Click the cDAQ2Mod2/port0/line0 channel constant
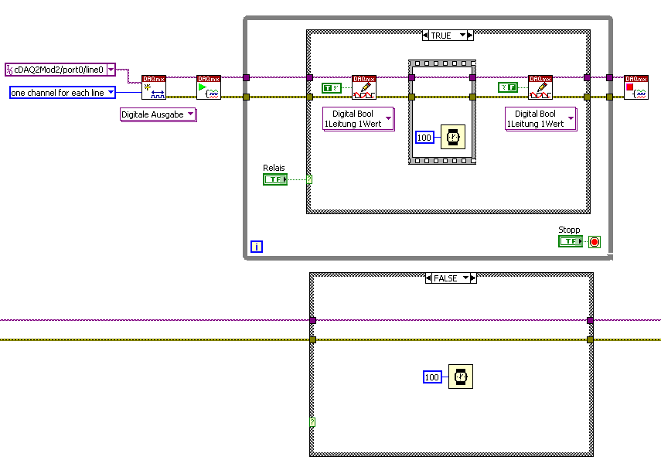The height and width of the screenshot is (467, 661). [x=56, y=70]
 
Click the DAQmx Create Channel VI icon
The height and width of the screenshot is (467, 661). [x=154, y=87]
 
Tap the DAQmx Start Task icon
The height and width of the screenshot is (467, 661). [x=209, y=87]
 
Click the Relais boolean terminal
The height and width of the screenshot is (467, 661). [x=274, y=179]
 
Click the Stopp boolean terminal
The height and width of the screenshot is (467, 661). [x=570, y=241]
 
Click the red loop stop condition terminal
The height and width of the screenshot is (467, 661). [x=594, y=242]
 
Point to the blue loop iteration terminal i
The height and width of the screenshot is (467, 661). [x=257, y=247]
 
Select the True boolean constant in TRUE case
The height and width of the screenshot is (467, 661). [x=331, y=88]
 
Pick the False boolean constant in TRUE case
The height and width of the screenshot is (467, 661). [x=508, y=87]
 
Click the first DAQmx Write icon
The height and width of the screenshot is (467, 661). [x=364, y=87]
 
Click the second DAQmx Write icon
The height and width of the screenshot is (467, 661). [x=540, y=87]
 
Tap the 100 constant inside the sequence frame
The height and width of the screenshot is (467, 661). [x=424, y=138]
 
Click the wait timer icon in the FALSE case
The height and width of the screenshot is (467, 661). [x=460, y=377]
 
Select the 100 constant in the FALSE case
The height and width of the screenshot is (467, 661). [x=432, y=377]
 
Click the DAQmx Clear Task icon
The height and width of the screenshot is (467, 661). [x=636, y=87]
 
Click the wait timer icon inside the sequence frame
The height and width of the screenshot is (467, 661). [x=452, y=138]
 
